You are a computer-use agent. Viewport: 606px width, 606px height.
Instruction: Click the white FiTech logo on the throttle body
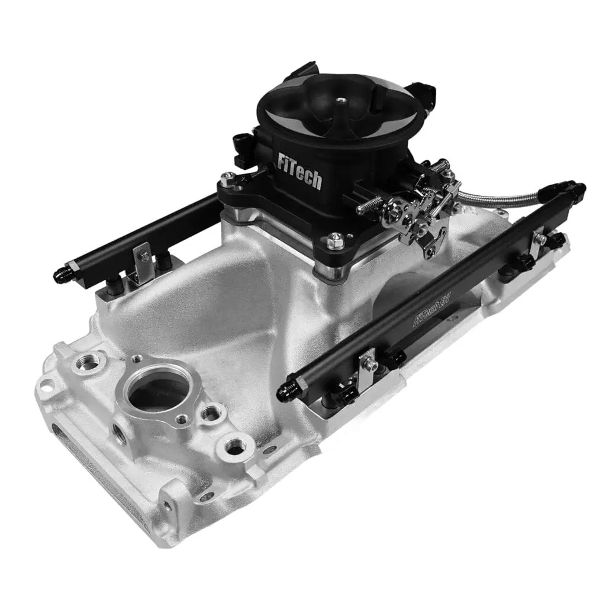pyautogui.click(x=300, y=170)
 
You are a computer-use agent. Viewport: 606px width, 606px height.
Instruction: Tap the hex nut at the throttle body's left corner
pyautogui.click(x=227, y=178)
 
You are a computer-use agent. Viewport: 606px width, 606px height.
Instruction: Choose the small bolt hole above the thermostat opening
pyautogui.click(x=137, y=358)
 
